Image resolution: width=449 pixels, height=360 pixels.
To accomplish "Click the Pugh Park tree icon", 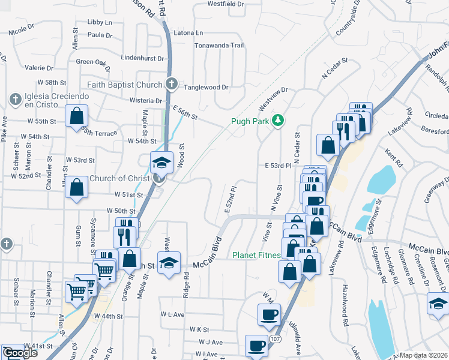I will point(277,121).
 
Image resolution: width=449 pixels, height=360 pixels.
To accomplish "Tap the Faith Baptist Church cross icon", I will point(171,84).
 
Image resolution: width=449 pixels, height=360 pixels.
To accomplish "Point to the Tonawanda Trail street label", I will point(219,46).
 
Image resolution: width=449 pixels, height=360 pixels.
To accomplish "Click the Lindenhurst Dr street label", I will point(142,58).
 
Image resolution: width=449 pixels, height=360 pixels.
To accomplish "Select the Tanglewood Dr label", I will point(206,87).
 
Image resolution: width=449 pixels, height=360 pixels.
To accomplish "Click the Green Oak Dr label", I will point(94,62).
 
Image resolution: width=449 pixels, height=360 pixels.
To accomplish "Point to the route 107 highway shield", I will point(275,339).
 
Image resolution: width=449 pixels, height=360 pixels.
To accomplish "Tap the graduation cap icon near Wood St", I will point(161,163).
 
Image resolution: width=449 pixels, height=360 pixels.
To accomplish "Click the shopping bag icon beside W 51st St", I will point(77,187).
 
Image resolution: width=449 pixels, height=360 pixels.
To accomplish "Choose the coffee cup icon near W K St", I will point(269,314).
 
